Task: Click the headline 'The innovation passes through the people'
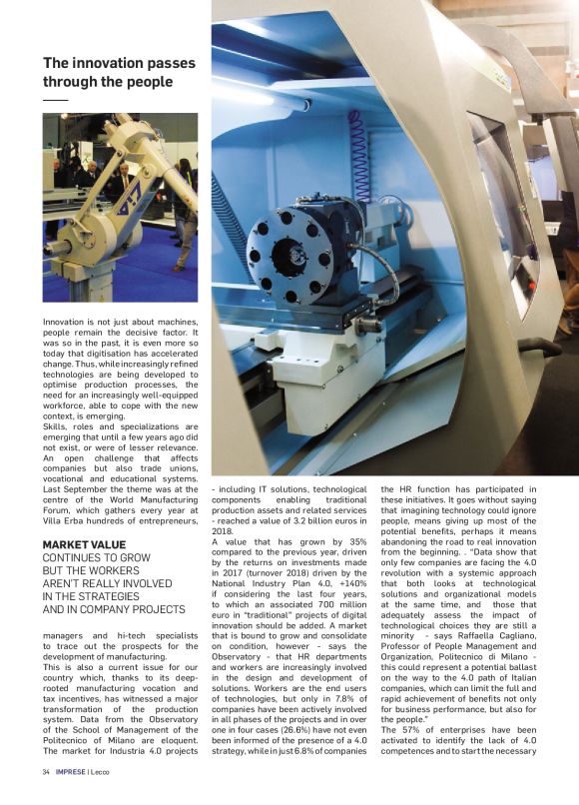click(x=119, y=73)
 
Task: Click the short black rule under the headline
click(x=55, y=100)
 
